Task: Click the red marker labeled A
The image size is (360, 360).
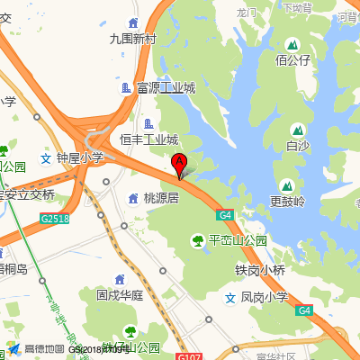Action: point(179,165)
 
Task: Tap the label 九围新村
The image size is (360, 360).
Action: point(132,39)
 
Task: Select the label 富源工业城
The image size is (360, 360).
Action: point(166,88)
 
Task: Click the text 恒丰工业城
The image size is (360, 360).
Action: point(149,139)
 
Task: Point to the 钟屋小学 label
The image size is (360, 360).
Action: point(80,157)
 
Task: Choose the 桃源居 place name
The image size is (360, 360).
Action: point(161,197)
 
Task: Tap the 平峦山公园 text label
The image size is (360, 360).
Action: point(238,240)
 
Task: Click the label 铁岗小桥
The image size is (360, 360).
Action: point(260,270)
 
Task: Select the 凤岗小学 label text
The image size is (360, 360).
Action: point(264,296)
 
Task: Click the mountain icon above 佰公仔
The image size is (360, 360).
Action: point(292,44)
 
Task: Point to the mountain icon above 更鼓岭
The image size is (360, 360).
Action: point(287,184)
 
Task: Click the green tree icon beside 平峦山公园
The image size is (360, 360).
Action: point(197,240)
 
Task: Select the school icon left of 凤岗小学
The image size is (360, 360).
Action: point(229,296)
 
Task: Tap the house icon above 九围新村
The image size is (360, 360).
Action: point(133,22)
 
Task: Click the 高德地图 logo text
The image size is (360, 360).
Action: point(43,349)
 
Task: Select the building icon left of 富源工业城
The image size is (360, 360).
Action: point(126,88)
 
